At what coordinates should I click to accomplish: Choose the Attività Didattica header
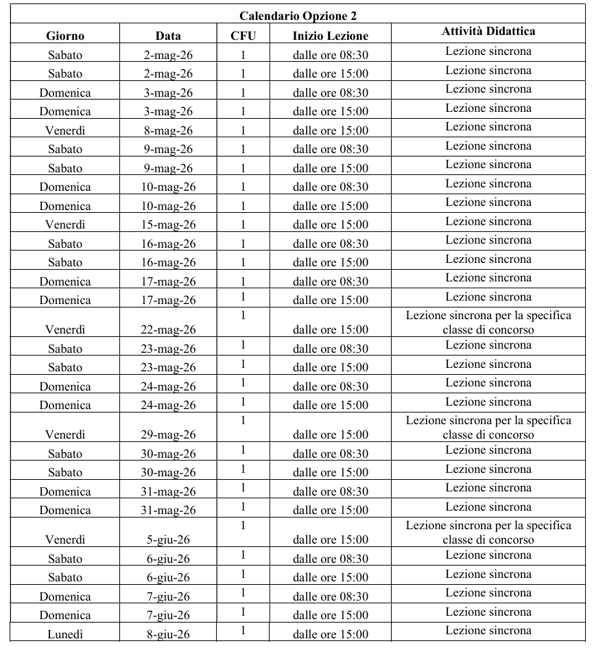coord(488,32)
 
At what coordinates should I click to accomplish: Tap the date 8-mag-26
coord(168,130)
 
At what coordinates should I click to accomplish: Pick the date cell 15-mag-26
coord(168,224)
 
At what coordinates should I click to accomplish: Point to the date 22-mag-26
coord(168,329)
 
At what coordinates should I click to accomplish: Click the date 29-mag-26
coord(168,434)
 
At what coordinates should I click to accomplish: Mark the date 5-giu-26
coord(168,539)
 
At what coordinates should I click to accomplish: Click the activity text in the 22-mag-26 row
coord(488,322)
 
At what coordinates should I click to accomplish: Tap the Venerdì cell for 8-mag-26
coord(64,130)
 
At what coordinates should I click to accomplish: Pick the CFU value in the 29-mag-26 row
coord(243,420)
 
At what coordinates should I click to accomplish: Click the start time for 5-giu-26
coord(330,539)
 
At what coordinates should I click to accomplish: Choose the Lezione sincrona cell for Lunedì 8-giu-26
coord(488,630)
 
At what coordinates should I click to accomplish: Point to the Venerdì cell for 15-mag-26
coord(64,224)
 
